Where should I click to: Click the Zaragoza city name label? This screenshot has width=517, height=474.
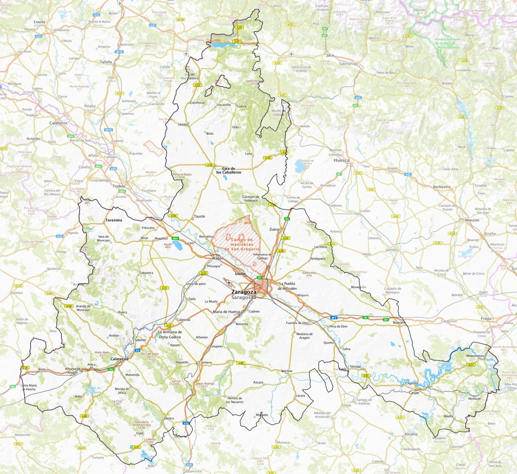click(244, 292)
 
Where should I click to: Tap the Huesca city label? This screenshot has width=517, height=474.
click(342, 160)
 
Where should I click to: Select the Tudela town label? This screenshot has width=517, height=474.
click(119, 186)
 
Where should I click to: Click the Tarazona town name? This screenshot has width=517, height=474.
click(115, 221)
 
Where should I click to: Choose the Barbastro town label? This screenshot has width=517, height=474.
click(441, 186)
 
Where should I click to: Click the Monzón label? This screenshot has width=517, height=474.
click(472, 221)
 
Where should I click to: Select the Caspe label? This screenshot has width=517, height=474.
click(414, 392)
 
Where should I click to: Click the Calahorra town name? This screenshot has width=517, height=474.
click(59, 122)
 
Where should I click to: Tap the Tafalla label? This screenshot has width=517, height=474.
click(106, 62)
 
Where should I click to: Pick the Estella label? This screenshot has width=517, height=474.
click(39, 22)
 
